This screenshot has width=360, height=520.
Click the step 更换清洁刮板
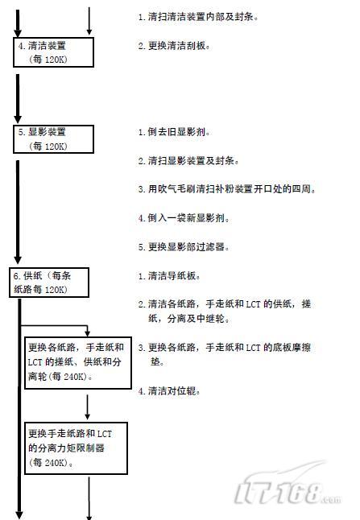coord(174,46)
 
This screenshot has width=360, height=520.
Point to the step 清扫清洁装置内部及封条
coord(198,17)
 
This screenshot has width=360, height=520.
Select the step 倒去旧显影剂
coord(174,132)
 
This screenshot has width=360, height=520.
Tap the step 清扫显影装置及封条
coord(188,161)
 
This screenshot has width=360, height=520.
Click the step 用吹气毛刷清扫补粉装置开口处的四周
coord(227,189)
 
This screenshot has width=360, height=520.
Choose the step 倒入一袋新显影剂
coord(184,218)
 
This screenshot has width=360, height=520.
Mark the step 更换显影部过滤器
coord(184,247)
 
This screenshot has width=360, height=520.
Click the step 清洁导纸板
coord(169,276)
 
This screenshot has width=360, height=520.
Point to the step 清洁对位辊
coord(169,391)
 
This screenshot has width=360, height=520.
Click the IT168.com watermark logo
coord(288,486)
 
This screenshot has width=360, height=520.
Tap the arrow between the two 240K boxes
coord(88,407)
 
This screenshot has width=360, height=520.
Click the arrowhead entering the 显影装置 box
coord(18,119)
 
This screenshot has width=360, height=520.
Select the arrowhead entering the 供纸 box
coord(18,260)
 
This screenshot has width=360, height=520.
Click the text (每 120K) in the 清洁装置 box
coord(48,60)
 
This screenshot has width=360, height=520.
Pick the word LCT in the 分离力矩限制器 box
coord(105,434)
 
